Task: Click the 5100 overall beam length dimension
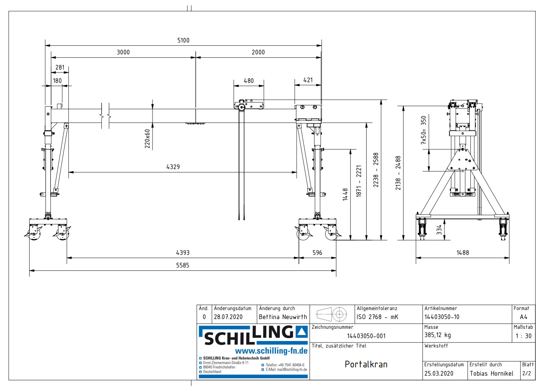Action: pos(183,40)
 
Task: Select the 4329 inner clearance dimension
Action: pos(173,167)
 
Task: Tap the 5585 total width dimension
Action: pos(182,265)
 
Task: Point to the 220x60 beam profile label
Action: pos(147,139)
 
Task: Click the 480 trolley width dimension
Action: pos(248,81)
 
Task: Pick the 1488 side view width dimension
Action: pos(463,253)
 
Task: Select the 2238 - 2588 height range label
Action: pos(376,170)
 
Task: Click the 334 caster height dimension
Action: pos(439,230)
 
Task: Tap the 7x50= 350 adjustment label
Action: pos(424,130)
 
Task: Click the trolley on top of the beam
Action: pos(249,105)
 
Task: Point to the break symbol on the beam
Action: pos(105,116)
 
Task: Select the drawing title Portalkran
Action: pos(366,364)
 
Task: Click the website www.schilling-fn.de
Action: pos(271,351)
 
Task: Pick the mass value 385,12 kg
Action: pos(437,335)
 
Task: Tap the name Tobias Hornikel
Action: pos(491,373)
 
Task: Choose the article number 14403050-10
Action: pos(442,317)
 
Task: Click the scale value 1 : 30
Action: pos(523,336)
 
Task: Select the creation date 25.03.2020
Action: pos(439,373)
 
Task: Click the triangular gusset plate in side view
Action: pos(463,160)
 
